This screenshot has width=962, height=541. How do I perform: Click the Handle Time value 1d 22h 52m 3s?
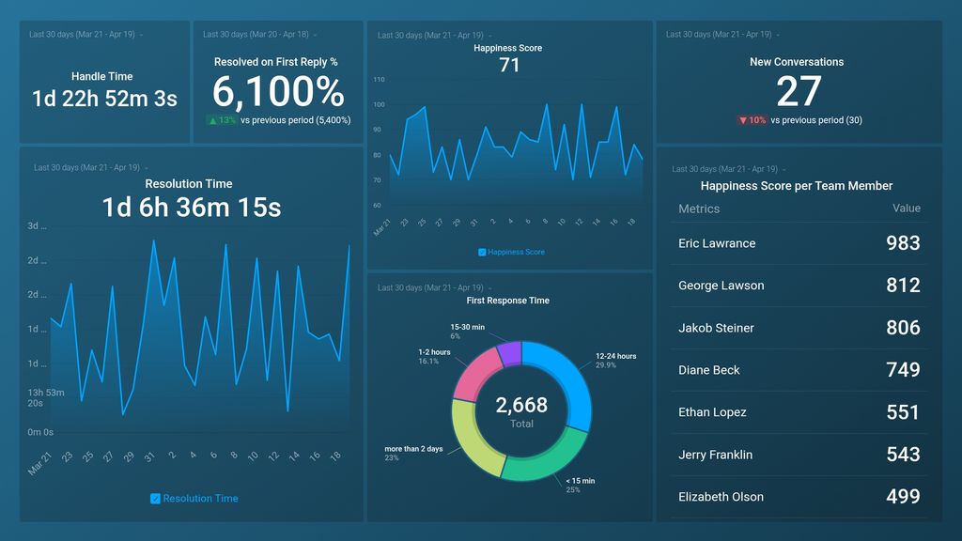104,99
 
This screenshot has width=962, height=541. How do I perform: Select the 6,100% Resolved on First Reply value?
278,92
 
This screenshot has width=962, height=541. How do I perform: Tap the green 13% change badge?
222,120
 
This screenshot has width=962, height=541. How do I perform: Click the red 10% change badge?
753,120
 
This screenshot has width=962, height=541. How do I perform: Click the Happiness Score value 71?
508,66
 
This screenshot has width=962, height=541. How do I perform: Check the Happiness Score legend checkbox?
483,252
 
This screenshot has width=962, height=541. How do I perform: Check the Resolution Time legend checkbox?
155,499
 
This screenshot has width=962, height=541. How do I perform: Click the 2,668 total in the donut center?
521,405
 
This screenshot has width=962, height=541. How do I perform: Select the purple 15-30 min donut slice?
509,354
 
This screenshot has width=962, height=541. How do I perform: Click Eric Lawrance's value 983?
903,243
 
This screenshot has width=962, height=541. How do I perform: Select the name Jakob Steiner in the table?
716,328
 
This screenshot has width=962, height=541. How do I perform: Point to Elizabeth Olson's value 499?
903,497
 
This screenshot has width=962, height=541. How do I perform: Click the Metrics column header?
699,209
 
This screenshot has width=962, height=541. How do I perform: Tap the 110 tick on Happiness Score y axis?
379,80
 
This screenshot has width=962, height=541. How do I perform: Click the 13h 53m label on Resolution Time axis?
45,393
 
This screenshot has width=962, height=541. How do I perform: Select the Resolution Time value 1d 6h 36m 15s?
191,208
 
